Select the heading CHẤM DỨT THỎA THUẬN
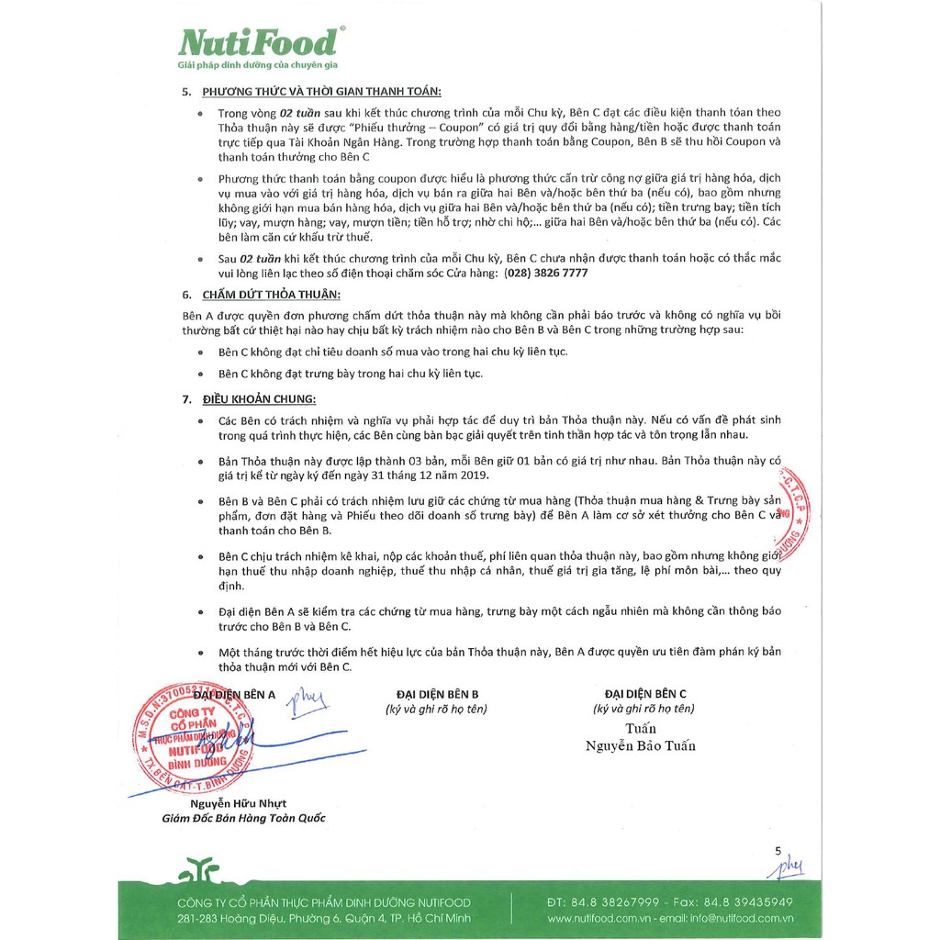tap(271, 294)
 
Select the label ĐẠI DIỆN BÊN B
tap(437, 694)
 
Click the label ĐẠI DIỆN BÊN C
tap(645, 694)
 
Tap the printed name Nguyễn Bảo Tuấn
tap(641, 745)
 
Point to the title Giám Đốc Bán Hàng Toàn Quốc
tap(243, 819)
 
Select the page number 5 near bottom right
tap(778, 851)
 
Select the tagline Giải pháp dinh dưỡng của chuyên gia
tap(259, 68)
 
